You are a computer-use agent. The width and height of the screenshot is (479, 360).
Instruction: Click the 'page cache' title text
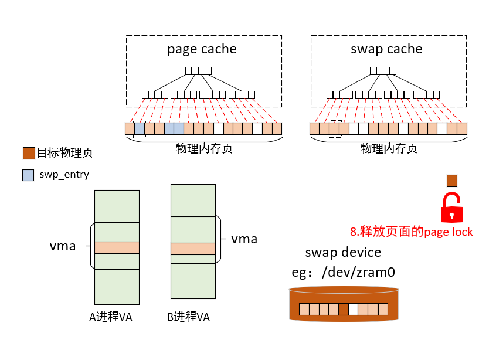tap(202, 49)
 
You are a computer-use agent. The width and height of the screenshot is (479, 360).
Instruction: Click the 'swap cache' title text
tap(386, 49)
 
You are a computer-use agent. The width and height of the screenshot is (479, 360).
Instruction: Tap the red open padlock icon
tap(451, 206)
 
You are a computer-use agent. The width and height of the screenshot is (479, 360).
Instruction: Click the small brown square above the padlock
tap(451, 180)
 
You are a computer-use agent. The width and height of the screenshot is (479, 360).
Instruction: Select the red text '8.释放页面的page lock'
tap(412, 232)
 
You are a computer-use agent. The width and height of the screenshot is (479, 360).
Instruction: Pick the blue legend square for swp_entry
tap(28, 175)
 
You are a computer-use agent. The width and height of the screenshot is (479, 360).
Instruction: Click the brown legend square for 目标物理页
tap(28, 153)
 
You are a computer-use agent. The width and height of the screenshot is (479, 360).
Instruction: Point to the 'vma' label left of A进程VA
tap(63, 246)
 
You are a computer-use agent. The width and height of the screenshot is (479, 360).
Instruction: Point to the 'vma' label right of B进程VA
tap(244, 239)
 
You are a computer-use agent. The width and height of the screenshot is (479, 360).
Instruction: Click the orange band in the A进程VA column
tap(117, 247)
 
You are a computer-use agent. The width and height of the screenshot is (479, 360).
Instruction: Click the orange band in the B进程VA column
tap(193, 249)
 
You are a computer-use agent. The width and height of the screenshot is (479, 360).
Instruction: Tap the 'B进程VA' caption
tap(188, 317)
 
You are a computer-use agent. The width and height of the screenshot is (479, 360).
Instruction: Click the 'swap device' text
tap(343, 253)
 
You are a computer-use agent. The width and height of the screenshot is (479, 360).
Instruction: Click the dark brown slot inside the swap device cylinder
tap(344, 309)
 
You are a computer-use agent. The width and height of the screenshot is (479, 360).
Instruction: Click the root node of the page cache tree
tap(198, 71)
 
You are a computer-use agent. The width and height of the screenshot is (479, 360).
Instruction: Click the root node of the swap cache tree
tap(383, 71)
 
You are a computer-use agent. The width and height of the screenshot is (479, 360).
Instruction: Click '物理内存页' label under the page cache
tap(204, 149)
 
